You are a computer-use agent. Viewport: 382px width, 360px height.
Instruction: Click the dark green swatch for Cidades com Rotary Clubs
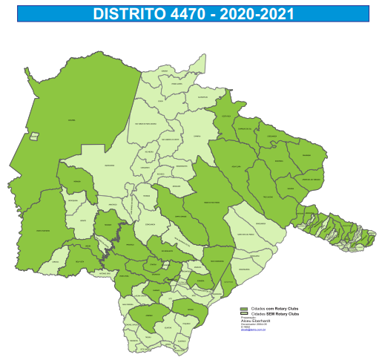[243, 308]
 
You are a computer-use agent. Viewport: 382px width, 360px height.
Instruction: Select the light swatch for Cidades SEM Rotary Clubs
[243, 313]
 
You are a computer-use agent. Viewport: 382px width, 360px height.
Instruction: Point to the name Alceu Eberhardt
[255, 321]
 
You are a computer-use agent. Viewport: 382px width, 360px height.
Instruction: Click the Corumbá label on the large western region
[72, 120]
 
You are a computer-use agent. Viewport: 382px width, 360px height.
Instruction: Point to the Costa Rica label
[226, 117]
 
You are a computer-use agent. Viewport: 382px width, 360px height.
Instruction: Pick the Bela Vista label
[79, 262]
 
